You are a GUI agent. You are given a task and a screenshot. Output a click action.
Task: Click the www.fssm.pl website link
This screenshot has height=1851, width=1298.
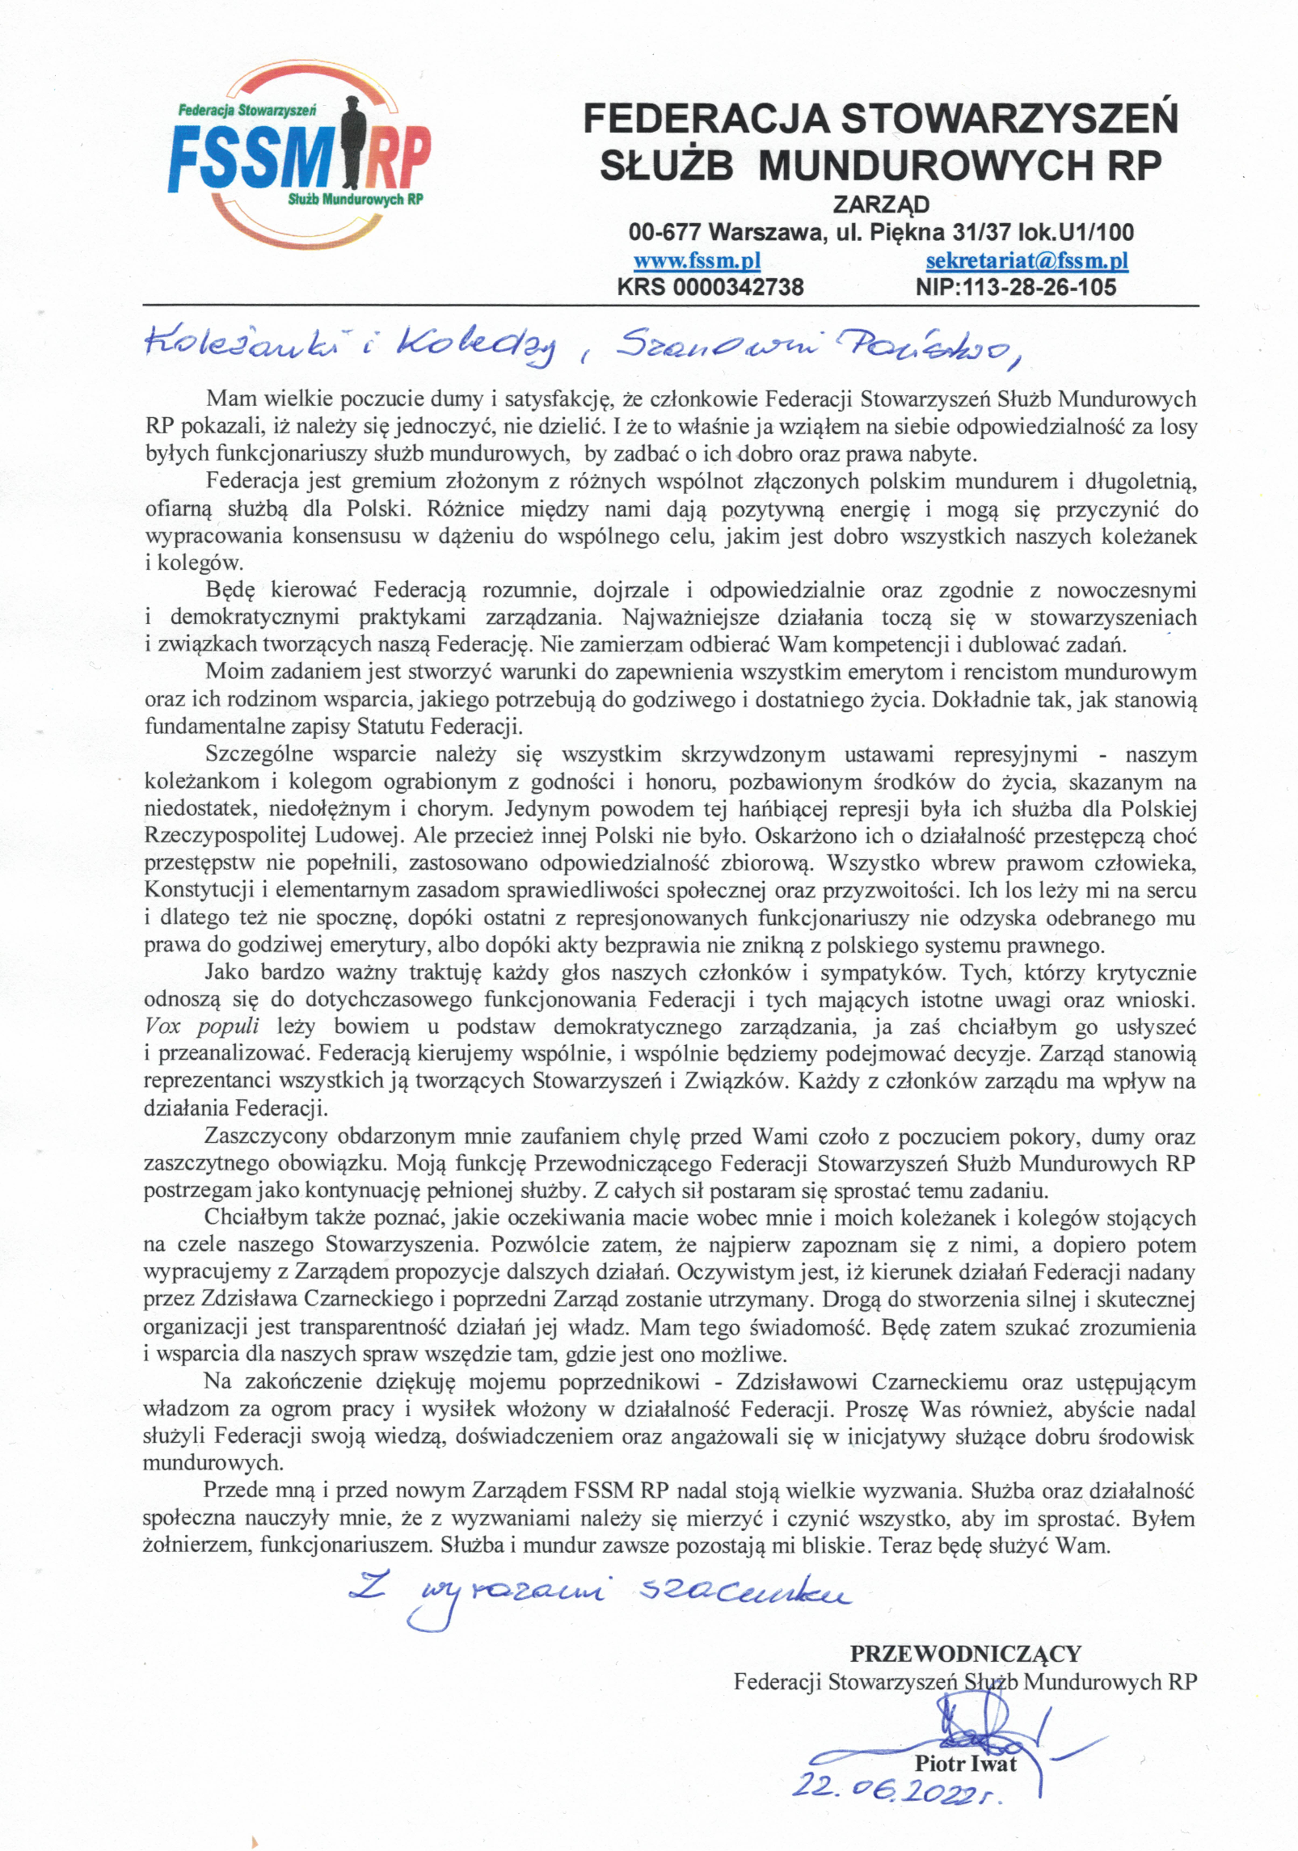tap(697, 261)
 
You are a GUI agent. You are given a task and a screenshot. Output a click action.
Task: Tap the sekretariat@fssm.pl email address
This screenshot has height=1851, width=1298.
tap(1026, 261)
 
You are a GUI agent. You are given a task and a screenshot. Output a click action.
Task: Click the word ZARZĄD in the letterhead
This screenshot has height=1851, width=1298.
tap(881, 204)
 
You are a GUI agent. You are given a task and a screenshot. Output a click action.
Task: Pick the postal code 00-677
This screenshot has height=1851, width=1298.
tap(665, 233)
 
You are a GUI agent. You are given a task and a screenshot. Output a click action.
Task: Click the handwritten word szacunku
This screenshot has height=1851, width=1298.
tap(744, 1593)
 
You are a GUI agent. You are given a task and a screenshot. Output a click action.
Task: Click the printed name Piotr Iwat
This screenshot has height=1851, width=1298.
tap(965, 1763)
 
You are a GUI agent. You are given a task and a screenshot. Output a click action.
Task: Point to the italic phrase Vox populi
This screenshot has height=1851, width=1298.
tap(202, 1027)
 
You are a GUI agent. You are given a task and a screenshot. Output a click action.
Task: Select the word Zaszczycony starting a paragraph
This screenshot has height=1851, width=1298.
tap(264, 1136)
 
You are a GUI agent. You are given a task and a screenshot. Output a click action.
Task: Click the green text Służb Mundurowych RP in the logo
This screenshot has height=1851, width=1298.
tap(356, 199)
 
